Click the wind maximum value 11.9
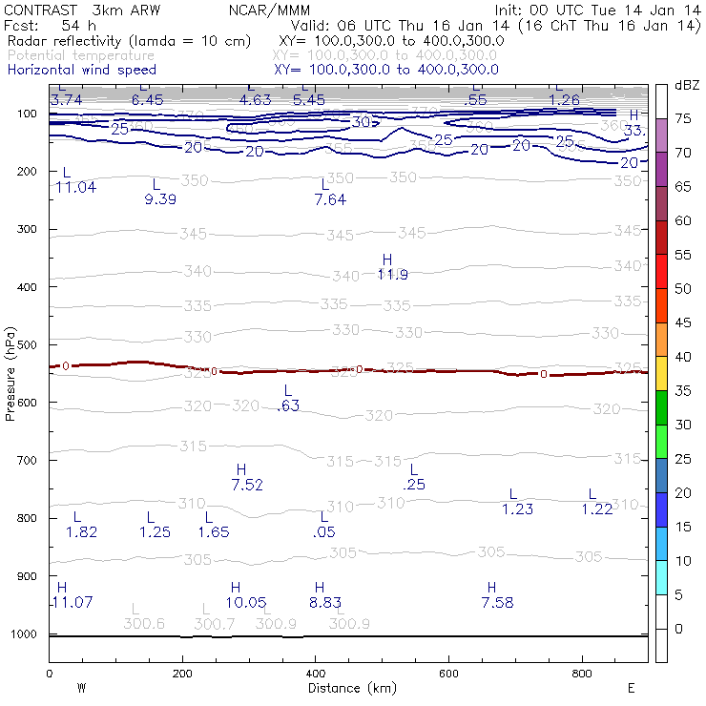click(x=392, y=275)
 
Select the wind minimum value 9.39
click(x=159, y=199)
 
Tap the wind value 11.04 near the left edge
click(x=75, y=187)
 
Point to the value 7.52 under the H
click(x=246, y=485)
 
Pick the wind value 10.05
click(x=245, y=602)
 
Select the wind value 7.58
click(x=497, y=602)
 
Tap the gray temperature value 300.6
click(x=144, y=624)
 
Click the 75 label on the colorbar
click(x=683, y=118)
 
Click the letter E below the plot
click(x=631, y=687)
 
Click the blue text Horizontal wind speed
click(x=81, y=70)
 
